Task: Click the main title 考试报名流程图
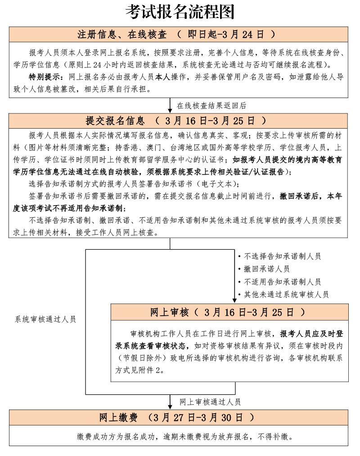coord(180,12)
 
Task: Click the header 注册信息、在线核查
coord(121,34)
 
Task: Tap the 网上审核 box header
coord(229,312)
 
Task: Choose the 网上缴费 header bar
coord(178,417)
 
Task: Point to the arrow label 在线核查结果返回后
coord(211,106)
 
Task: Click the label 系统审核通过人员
coord(45,319)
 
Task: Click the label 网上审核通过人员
coord(210,402)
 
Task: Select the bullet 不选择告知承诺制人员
coord(282,256)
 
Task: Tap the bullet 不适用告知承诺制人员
coord(282,282)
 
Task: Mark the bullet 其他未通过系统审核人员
coord(286,295)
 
